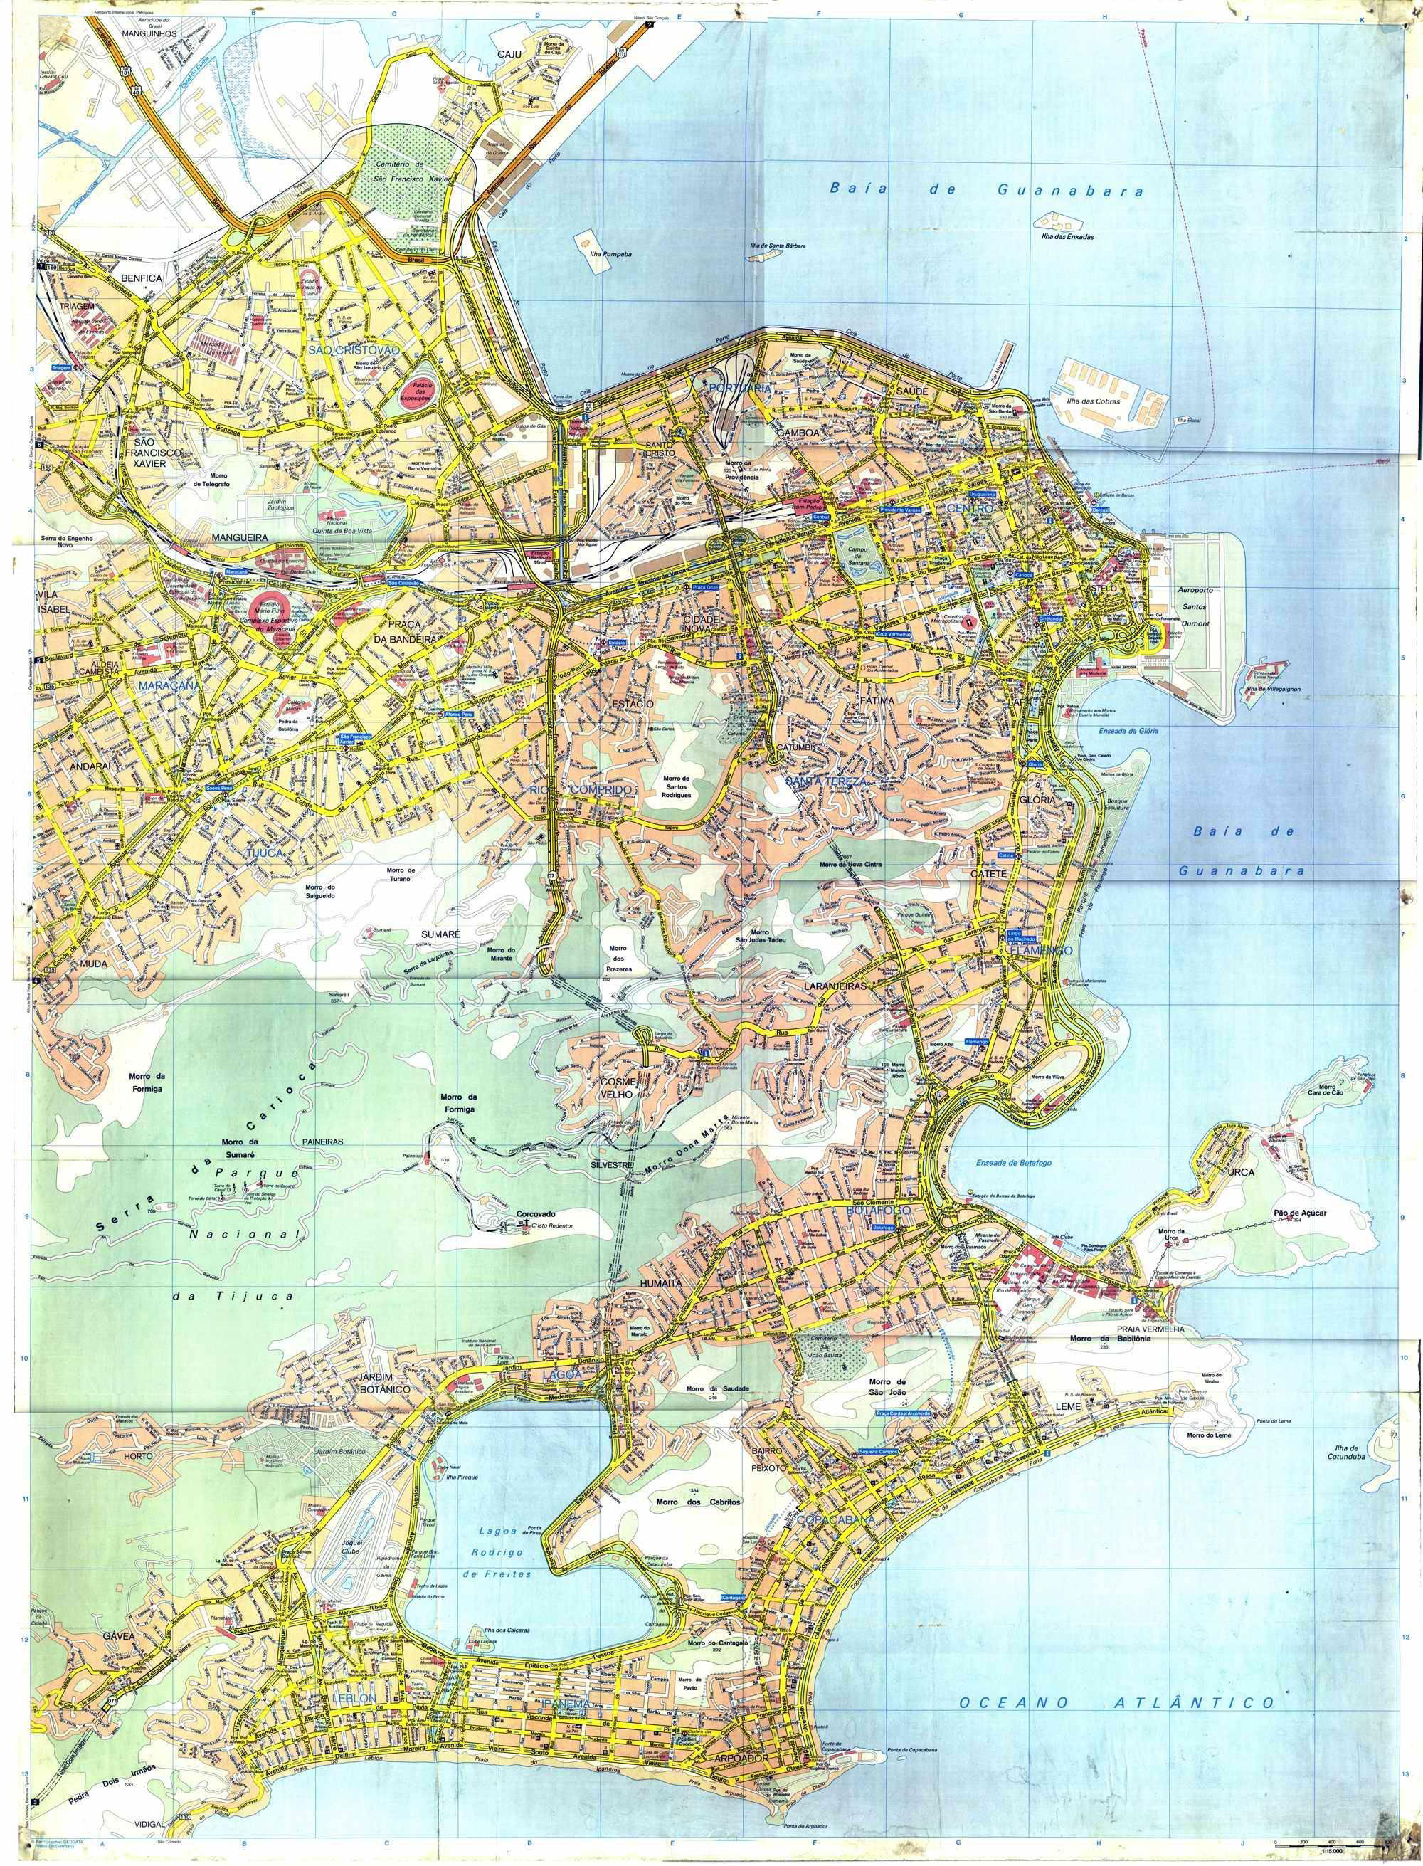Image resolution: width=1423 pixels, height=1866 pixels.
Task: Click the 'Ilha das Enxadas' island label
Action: (x=1068, y=237)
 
